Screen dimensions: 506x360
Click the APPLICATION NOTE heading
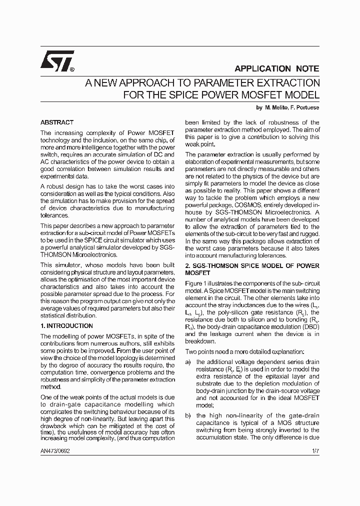276,69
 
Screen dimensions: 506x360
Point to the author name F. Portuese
305,107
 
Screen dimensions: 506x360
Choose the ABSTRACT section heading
56,122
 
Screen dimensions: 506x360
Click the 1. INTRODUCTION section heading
66,325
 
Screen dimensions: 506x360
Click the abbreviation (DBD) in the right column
309,327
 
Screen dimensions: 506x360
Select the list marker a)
188,362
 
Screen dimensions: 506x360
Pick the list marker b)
188,415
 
